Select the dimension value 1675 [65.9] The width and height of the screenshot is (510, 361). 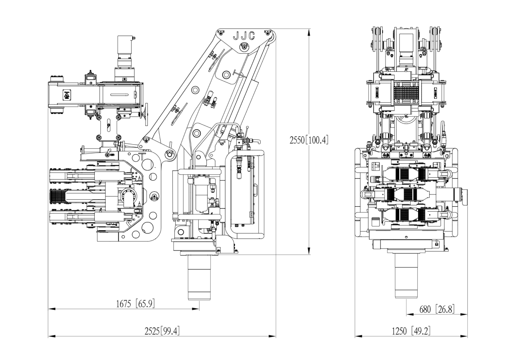135,304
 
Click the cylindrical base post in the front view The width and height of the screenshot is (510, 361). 406,276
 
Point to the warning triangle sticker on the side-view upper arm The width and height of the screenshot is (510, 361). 66,96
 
